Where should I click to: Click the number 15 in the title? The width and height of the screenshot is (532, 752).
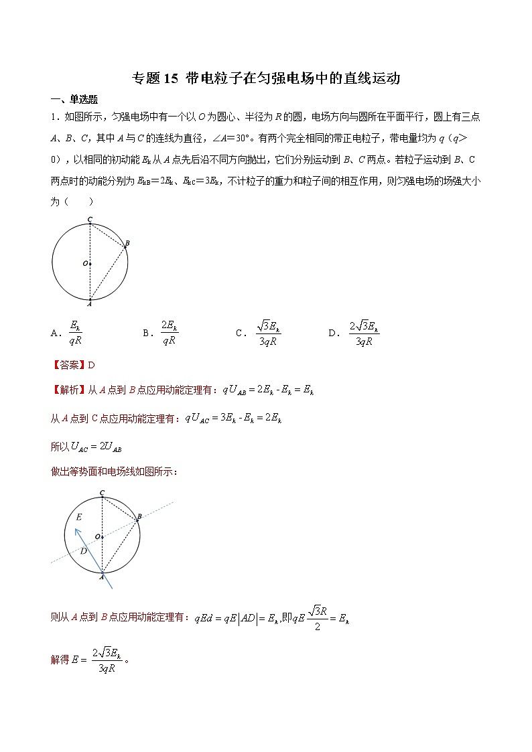(x=170, y=78)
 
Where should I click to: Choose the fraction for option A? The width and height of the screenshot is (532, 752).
(x=75, y=332)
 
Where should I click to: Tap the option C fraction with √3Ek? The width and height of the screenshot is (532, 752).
(x=267, y=332)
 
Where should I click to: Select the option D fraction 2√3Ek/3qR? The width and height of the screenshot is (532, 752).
(x=364, y=332)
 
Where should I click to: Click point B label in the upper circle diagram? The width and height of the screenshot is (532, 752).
(x=127, y=243)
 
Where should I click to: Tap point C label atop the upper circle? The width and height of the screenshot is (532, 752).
(x=90, y=220)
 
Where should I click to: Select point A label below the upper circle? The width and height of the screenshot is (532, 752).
(x=89, y=303)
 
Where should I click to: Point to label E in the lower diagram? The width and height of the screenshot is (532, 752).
(x=79, y=517)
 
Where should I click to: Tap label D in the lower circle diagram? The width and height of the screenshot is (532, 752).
(x=84, y=551)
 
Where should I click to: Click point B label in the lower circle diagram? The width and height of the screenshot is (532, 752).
(x=139, y=517)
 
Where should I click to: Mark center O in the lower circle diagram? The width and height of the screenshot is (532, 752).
(x=97, y=536)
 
